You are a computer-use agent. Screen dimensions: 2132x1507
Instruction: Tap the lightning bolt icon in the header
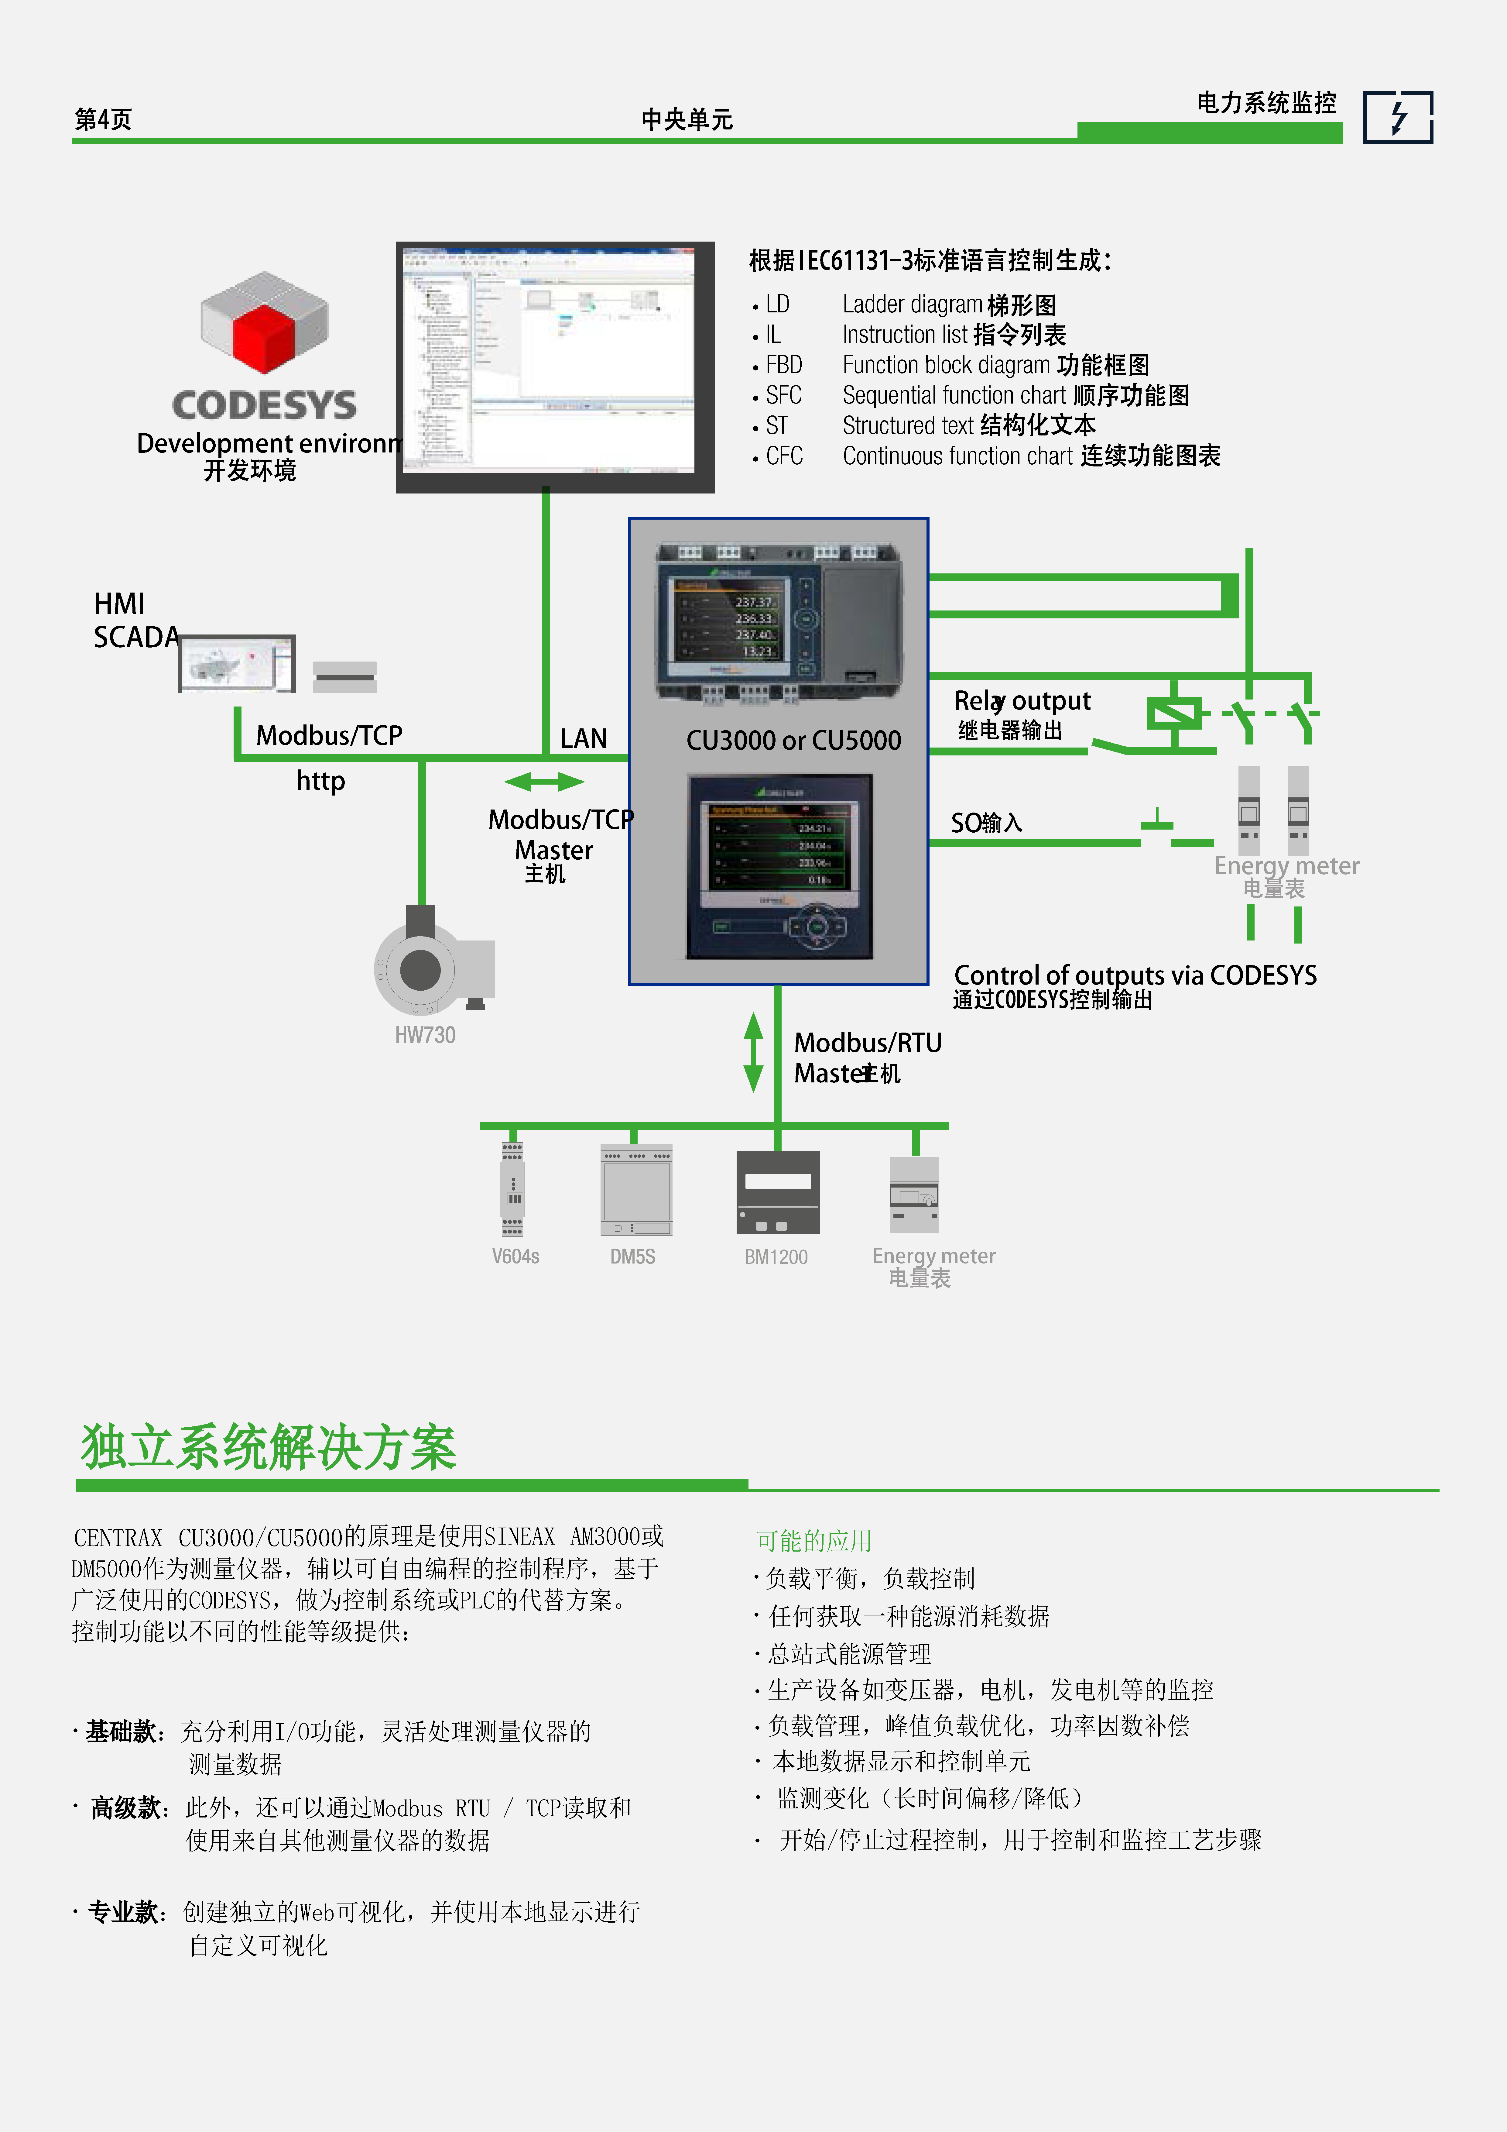pyautogui.click(x=1397, y=117)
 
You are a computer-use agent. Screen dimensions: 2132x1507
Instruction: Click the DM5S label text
pyautogui.click(x=632, y=1256)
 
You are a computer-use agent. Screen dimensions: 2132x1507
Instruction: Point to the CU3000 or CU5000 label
pyautogui.click(x=793, y=740)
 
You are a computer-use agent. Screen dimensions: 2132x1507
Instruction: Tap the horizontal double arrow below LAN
pyautogui.click(x=544, y=782)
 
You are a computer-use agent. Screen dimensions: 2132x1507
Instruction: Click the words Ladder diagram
pyautogui.click(x=912, y=304)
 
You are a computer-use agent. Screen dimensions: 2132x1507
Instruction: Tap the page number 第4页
pyautogui.click(x=103, y=119)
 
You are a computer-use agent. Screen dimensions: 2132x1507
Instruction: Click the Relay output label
pyautogui.click(x=1021, y=701)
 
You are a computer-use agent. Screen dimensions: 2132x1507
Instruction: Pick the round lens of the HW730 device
pyautogui.click(x=420, y=969)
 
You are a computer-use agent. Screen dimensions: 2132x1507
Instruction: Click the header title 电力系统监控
pyautogui.click(x=1266, y=103)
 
